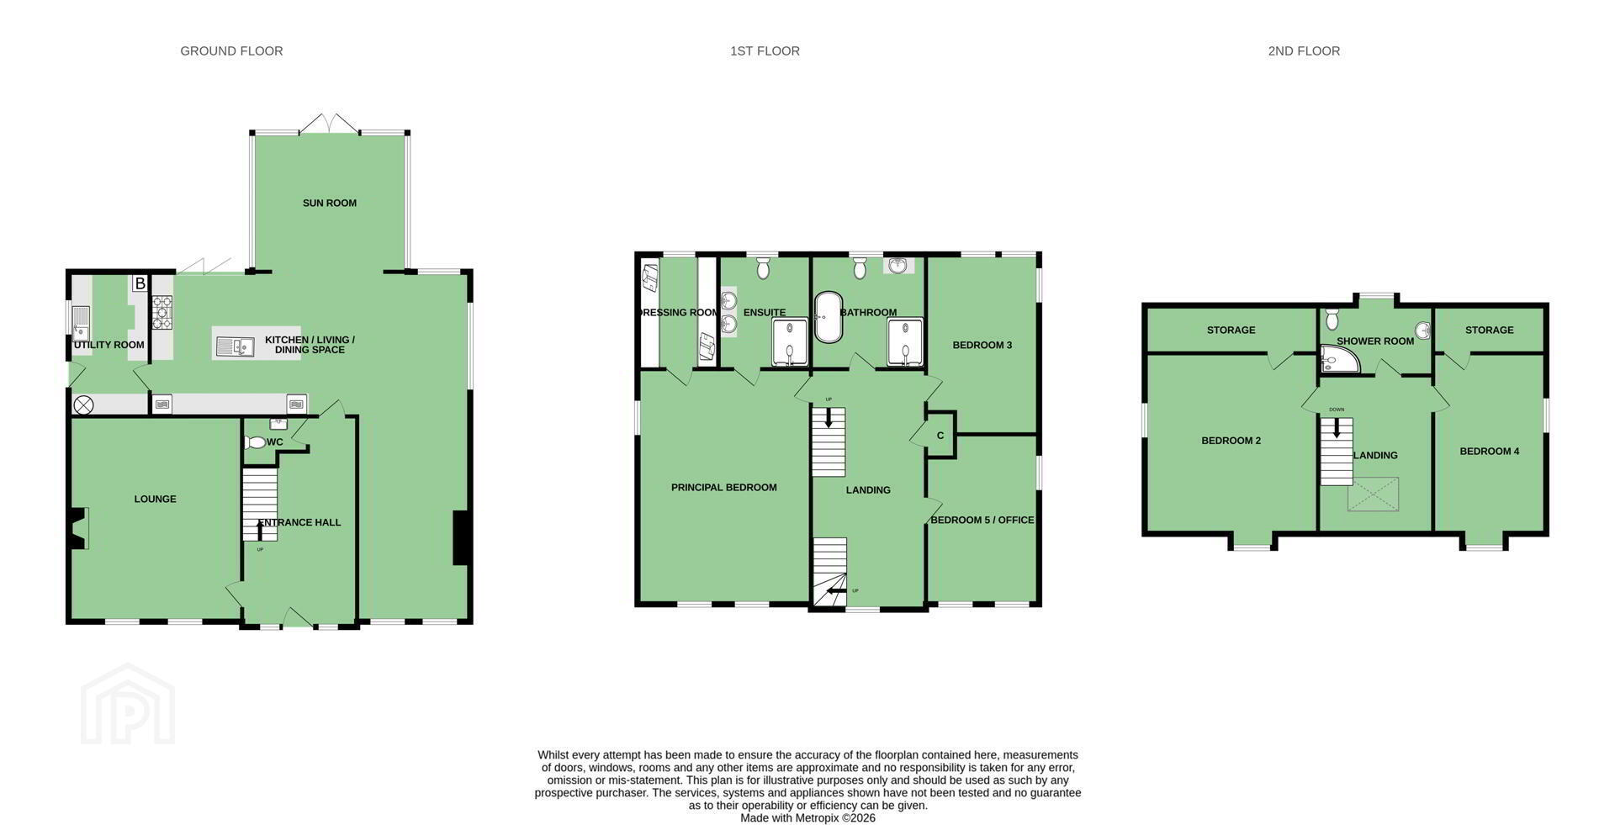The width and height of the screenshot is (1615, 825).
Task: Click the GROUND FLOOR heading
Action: tap(231, 51)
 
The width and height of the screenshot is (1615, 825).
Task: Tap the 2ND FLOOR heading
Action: tap(1304, 51)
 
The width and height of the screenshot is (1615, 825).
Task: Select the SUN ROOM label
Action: tap(330, 203)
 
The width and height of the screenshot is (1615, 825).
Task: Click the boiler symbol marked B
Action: tap(140, 283)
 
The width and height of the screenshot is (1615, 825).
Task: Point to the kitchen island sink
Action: tap(236, 346)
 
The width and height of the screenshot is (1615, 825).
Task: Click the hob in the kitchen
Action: tap(162, 312)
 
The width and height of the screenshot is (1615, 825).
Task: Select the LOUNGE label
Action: tap(156, 499)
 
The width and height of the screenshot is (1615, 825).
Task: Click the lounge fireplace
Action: tap(78, 529)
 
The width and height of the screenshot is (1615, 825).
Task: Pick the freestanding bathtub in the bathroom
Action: tap(828, 317)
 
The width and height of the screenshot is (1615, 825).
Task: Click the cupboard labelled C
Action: tap(940, 435)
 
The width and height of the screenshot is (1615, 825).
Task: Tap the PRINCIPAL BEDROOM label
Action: tap(724, 488)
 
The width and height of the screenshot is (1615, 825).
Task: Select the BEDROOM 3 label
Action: tap(982, 345)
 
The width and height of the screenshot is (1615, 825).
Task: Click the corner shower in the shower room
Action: tap(1338, 359)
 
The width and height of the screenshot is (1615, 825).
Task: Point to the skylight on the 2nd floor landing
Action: tap(1373, 494)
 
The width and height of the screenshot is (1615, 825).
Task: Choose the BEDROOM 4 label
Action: tap(1490, 452)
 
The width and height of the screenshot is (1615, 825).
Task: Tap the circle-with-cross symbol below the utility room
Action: tap(83, 405)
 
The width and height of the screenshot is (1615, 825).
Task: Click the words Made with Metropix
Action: tap(778, 818)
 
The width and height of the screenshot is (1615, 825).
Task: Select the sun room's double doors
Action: tap(330, 123)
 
